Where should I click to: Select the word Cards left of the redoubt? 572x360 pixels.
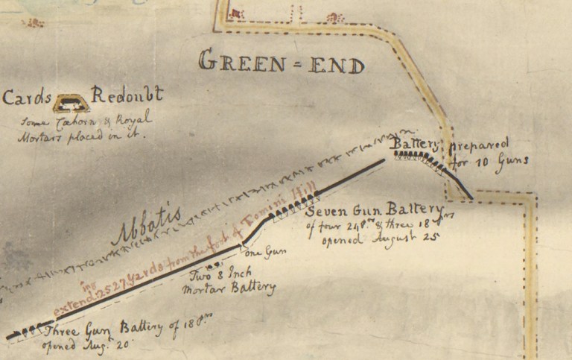tap(28, 98)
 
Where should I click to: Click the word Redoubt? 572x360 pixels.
tap(126, 96)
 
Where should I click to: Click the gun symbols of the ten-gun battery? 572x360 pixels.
tap(421, 157)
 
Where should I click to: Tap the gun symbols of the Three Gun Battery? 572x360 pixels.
tap(30, 331)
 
